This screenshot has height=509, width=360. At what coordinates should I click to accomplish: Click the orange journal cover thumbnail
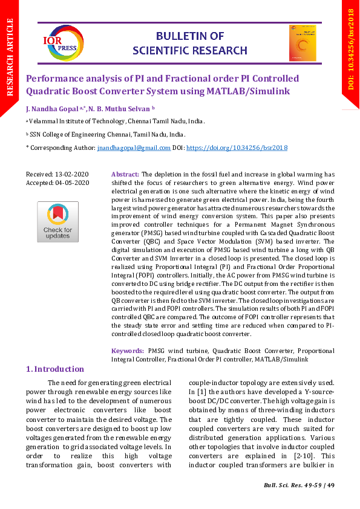click(303, 43)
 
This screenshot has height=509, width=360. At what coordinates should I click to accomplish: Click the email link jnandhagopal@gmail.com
click(134, 148)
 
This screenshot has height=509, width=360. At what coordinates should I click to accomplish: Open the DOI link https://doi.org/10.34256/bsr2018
click(237, 148)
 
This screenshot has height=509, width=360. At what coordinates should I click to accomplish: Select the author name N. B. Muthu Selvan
click(120, 109)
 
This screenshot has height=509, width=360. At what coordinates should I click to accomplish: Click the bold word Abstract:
click(125, 174)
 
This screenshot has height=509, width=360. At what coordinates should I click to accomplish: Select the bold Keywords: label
click(128, 351)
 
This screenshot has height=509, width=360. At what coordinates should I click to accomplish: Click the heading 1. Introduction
click(54, 369)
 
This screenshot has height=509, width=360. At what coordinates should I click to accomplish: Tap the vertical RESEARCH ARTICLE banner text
click(10, 57)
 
